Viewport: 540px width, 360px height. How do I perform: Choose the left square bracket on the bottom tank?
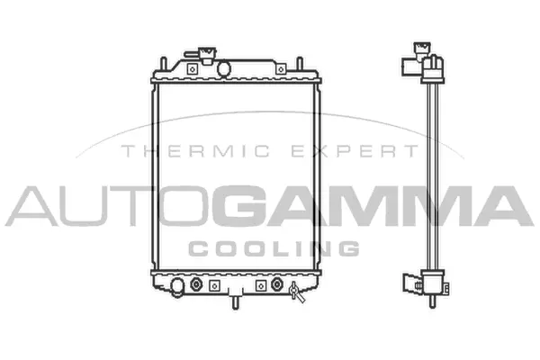click(x=214, y=285)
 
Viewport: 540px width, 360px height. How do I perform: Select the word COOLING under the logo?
click(x=274, y=247)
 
